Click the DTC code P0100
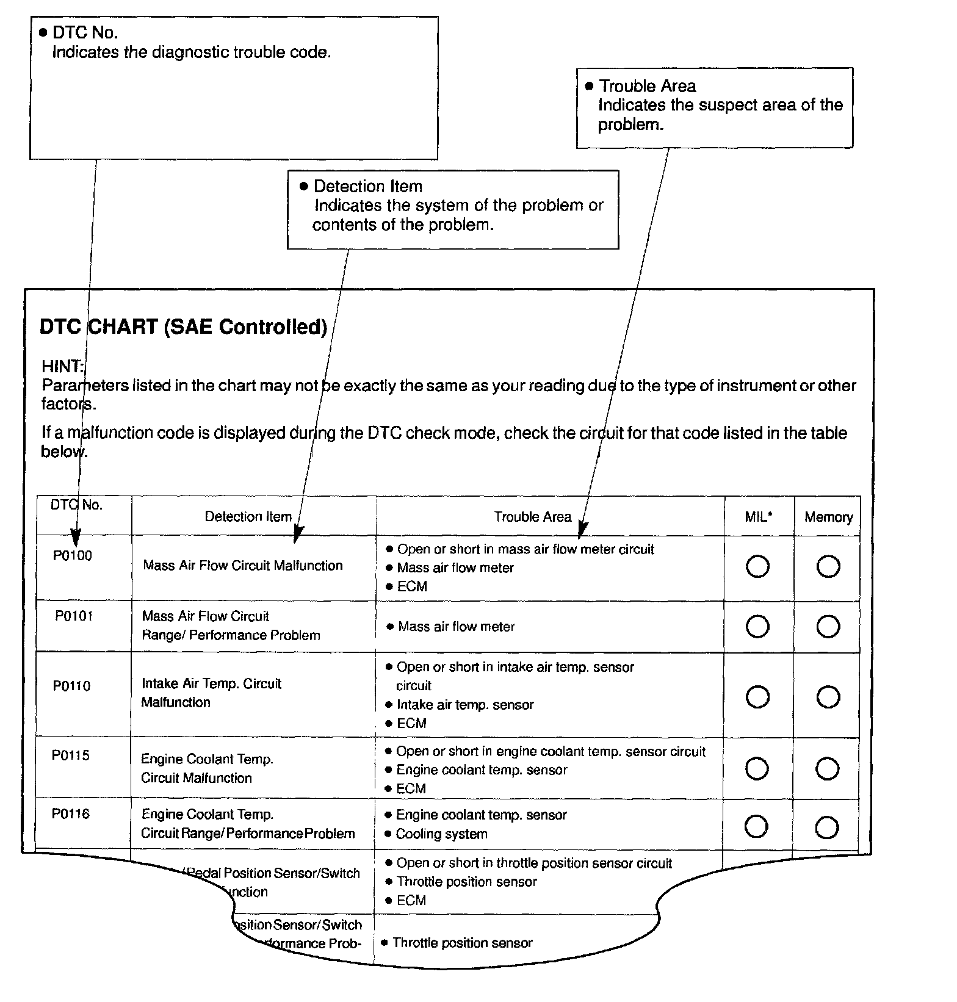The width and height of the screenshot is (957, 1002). [x=72, y=555]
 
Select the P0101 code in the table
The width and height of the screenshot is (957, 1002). [x=74, y=616]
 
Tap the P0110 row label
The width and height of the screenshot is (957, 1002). [x=71, y=686]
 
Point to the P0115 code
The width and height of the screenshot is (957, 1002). [x=71, y=755]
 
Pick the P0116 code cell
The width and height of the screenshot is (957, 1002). [x=71, y=813]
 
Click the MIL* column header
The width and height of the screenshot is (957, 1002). [x=759, y=517]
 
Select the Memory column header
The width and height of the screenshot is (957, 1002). [x=828, y=517]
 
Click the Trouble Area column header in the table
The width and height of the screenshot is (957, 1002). [x=532, y=517]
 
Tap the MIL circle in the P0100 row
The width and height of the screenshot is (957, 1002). [x=757, y=566]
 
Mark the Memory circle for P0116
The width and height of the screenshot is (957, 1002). [x=827, y=827]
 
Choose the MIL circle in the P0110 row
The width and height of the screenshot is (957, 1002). [x=757, y=696]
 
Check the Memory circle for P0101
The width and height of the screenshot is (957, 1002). [x=828, y=627]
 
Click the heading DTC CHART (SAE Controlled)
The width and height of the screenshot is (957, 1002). [x=183, y=327]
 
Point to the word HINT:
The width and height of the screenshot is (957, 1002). [x=62, y=366]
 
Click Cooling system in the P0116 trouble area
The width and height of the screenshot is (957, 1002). [x=441, y=834]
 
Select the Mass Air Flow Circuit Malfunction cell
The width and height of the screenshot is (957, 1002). [x=243, y=566]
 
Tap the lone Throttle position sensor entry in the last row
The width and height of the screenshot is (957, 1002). [x=462, y=943]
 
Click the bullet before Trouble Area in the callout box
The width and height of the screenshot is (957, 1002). [x=589, y=86]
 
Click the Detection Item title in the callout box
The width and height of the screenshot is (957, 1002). [x=367, y=186]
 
